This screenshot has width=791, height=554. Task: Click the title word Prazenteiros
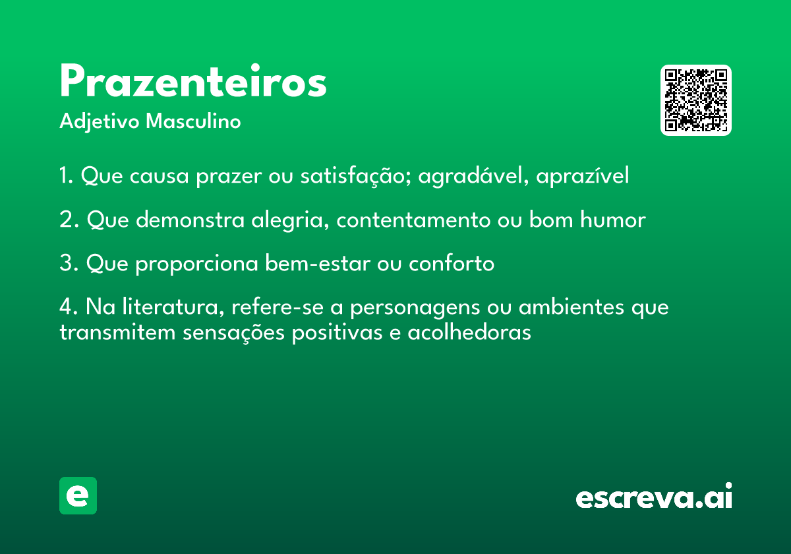coord(193,81)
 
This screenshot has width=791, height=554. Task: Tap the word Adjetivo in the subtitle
coord(100,122)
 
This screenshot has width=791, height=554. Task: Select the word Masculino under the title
coord(193,121)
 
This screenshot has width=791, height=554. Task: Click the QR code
coord(695,100)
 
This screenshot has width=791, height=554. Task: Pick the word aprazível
coord(583,175)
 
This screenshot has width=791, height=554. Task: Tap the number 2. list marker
coord(69,220)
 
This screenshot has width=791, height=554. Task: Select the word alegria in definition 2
coord(290,220)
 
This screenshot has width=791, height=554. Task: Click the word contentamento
coord(413,220)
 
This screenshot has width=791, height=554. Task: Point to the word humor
coord(613,220)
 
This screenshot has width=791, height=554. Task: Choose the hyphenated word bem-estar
coord(318,263)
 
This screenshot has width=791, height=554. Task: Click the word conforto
coord(452,263)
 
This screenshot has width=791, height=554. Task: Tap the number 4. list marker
coord(69,306)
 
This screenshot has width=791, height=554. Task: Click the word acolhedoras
coord(469,332)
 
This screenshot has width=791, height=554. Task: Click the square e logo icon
coord(78,495)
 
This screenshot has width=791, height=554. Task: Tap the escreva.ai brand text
coord(654,495)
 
